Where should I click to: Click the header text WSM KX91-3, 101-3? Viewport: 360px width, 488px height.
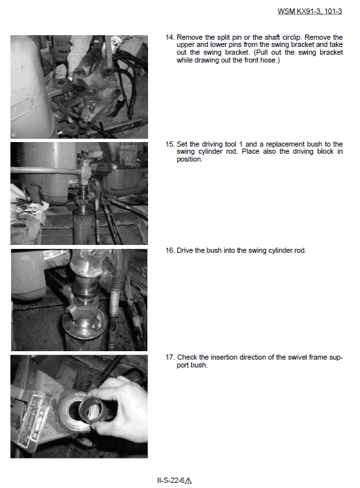click(x=310, y=12)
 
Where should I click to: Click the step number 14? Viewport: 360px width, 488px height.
click(x=170, y=37)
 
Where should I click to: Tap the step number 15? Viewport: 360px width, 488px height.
click(x=170, y=144)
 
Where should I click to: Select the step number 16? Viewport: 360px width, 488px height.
click(x=170, y=251)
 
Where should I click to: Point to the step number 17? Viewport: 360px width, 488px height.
click(x=170, y=357)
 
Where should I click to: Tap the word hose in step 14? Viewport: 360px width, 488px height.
click(x=269, y=60)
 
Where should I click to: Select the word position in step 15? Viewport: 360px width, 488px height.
click(x=189, y=160)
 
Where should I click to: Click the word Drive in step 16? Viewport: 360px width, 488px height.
click(x=185, y=251)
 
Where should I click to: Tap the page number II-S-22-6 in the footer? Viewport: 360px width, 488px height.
click(x=171, y=480)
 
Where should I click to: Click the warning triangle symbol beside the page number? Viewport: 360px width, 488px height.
click(x=188, y=481)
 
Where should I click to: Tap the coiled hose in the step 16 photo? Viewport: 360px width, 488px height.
click(x=115, y=299)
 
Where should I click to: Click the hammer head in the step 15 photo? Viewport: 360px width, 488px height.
click(x=85, y=170)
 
